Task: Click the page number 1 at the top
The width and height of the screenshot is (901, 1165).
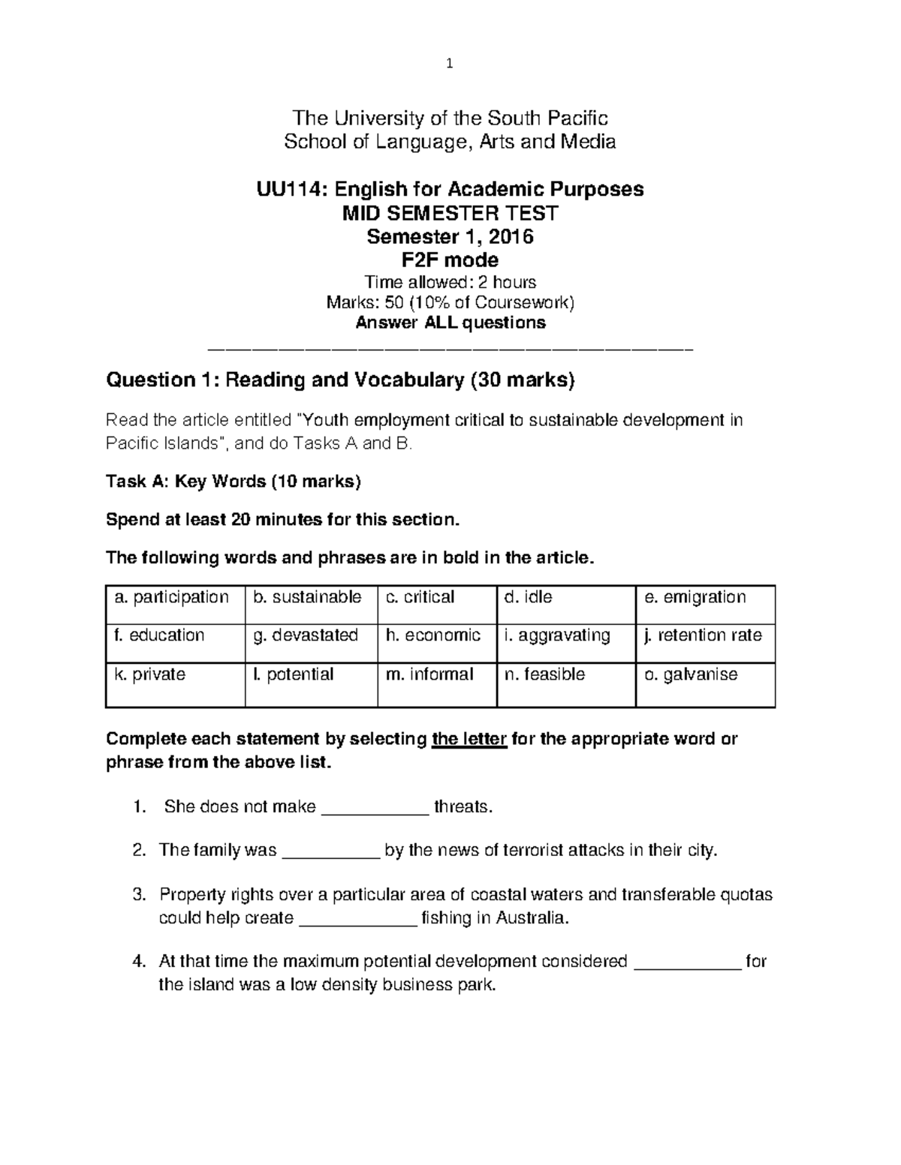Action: [x=449, y=64]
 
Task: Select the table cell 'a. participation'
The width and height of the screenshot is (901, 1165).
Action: [x=171, y=597]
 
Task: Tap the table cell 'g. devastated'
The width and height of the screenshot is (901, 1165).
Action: [x=306, y=635]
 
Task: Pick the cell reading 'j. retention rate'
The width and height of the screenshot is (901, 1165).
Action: [x=703, y=635]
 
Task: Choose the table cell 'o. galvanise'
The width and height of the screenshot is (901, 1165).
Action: [x=691, y=674]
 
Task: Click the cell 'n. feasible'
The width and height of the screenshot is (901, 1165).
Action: [x=544, y=674]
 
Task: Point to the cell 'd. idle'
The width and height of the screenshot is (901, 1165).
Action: [x=529, y=597]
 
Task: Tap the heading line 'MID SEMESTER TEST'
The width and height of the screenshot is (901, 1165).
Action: [x=450, y=213]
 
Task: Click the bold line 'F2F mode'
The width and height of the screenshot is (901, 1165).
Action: [x=450, y=260]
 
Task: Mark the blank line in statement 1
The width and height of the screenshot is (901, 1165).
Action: [x=375, y=808]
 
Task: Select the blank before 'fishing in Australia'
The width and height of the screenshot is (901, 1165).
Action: [x=357, y=919]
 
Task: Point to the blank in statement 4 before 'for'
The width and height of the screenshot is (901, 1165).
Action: [x=688, y=962]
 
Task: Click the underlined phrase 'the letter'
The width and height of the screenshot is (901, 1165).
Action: [x=470, y=740]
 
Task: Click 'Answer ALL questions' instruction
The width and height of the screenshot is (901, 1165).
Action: [x=450, y=323]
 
